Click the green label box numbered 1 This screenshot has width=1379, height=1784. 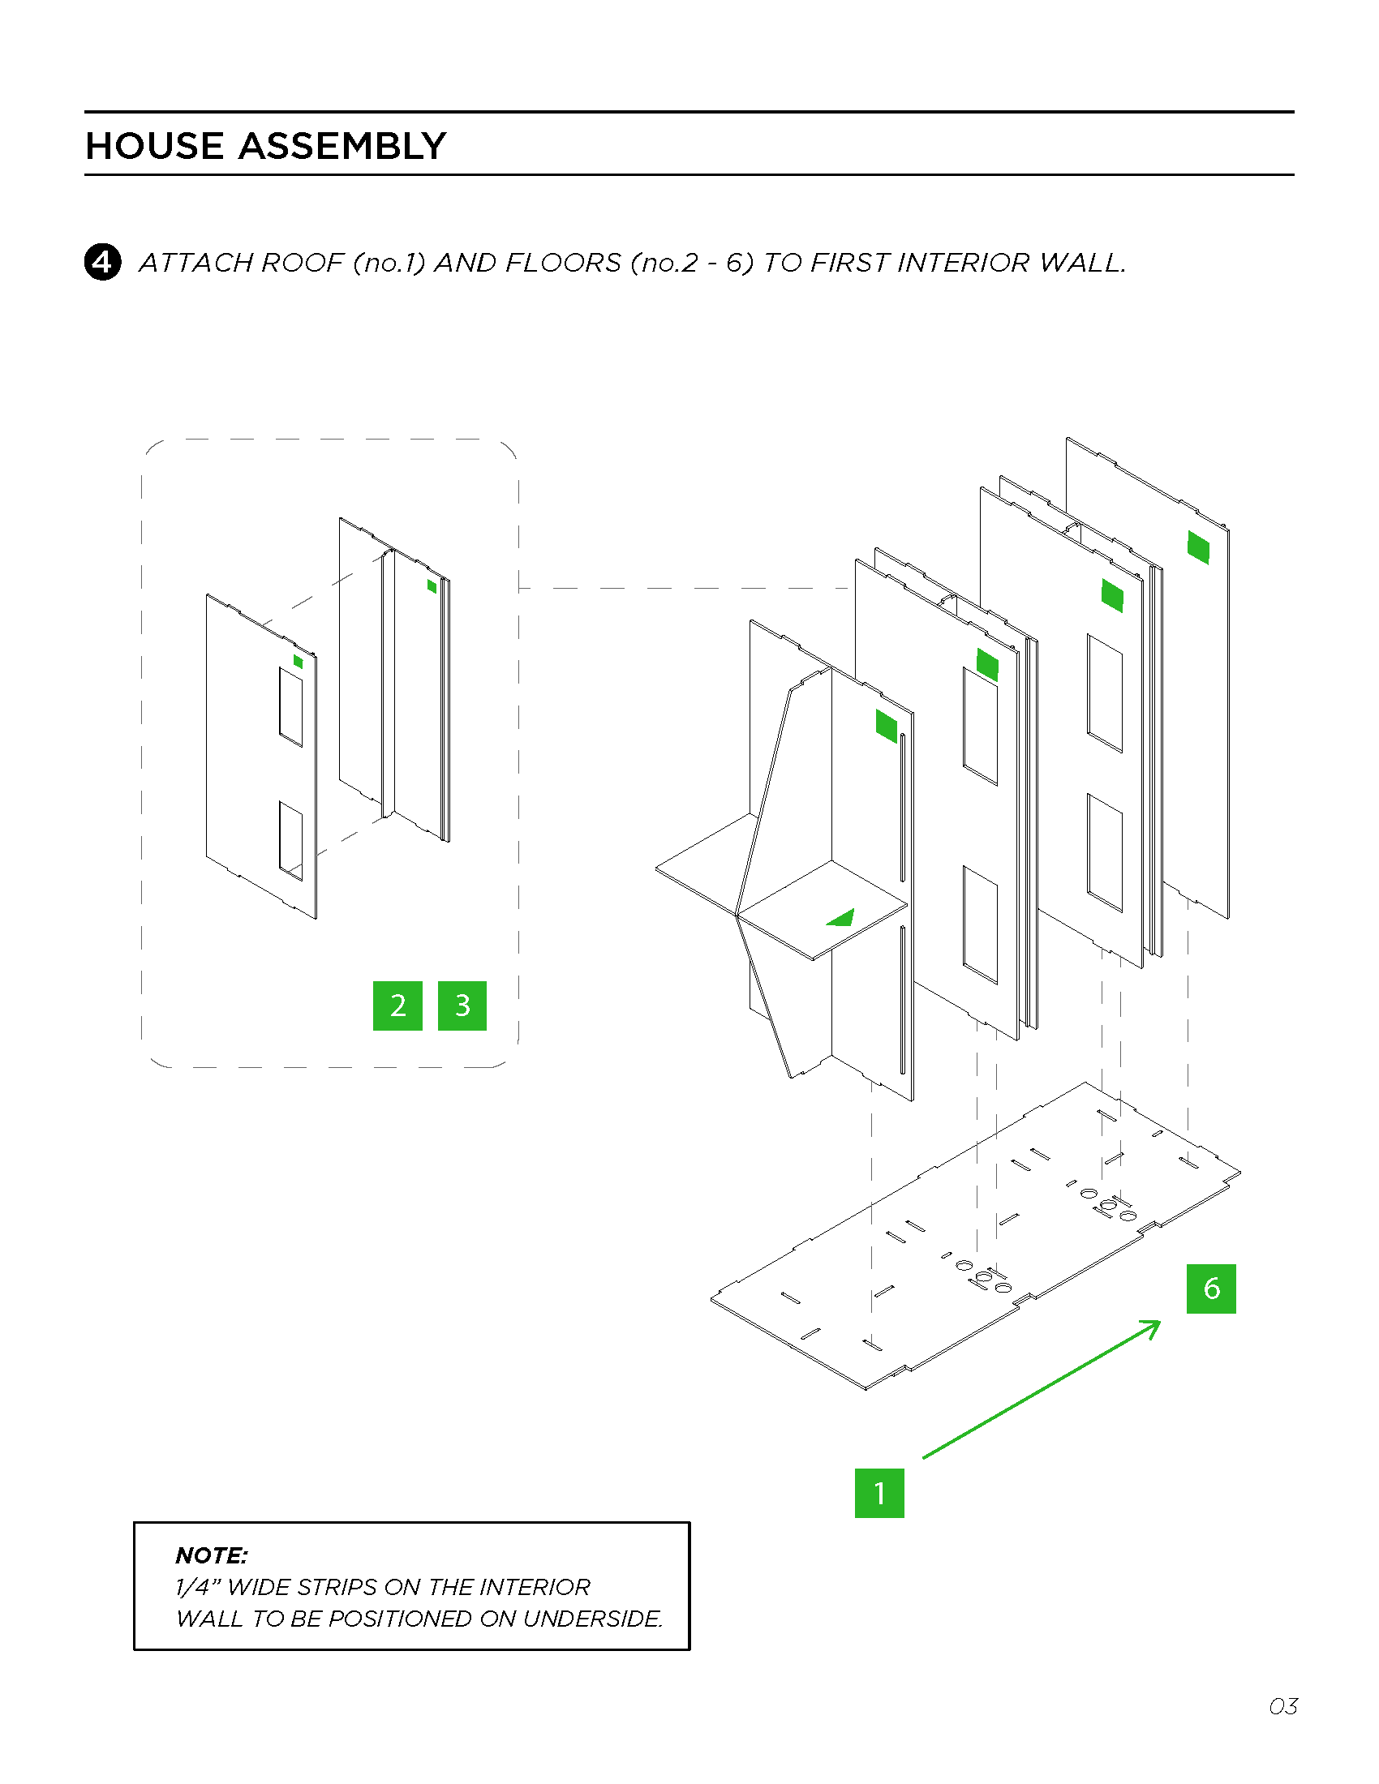coord(879,1492)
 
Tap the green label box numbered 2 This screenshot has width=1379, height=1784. coord(397,1006)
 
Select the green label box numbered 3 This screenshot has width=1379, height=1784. coord(462,1006)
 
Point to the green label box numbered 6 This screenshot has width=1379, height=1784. coord(1211,1289)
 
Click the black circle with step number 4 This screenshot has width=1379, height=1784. coord(102,262)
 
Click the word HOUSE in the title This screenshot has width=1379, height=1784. coord(154,146)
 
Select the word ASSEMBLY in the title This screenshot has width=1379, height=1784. coord(342,146)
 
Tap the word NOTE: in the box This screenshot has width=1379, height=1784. coord(212,1555)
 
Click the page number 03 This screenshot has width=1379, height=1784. coord(1282,1706)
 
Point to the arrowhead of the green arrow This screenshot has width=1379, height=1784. coord(1154,1324)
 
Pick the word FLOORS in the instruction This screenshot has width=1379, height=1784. coord(564,263)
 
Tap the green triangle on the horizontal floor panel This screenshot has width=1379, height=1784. coord(842,919)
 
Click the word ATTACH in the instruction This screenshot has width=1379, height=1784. coord(195,263)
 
